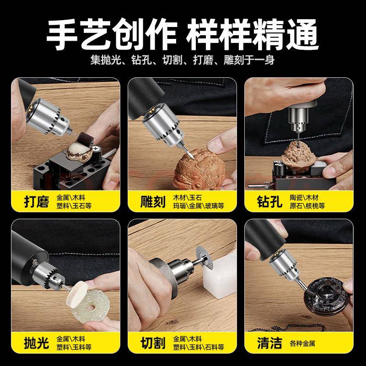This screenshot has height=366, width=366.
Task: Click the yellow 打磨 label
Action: (x=36, y=202)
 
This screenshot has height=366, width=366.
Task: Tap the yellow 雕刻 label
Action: (x=153, y=202)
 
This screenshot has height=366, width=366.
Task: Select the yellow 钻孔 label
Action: (x=270, y=202)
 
